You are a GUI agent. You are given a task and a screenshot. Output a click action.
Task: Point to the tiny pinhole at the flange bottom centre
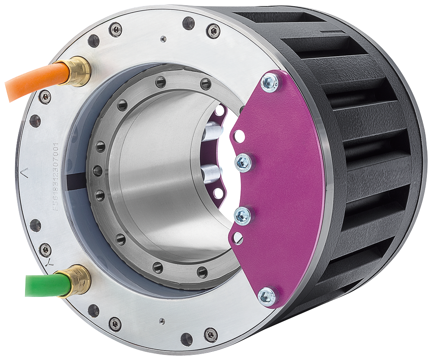click(x=161, y=320)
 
